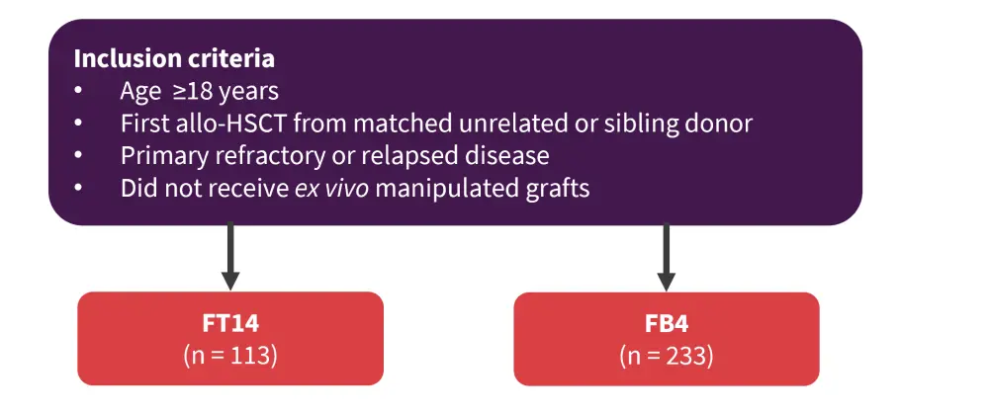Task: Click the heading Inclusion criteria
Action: [x=174, y=57]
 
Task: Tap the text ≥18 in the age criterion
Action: [x=189, y=91]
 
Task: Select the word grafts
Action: [x=557, y=188]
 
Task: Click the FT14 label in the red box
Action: [x=230, y=323]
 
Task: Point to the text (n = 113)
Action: [x=230, y=355]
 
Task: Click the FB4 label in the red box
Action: [x=666, y=323]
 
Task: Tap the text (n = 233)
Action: [x=666, y=355]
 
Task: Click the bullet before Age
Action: [x=79, y=91]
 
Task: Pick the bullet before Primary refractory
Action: [x=79, y=156]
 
